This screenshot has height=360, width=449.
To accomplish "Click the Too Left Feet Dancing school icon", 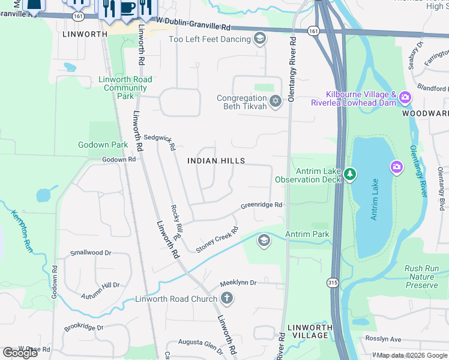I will (260, 40).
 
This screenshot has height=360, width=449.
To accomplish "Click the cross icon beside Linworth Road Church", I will (226, 298).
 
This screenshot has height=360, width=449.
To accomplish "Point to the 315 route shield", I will (331, 281).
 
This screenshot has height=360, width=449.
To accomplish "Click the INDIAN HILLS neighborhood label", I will (216, 161).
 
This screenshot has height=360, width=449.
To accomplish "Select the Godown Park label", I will (103, 145).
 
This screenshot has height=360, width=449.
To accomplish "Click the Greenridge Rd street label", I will (261, 205).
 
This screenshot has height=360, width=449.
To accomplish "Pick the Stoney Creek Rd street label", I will (217, 239).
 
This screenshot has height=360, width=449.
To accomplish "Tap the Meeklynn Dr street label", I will (238, 282).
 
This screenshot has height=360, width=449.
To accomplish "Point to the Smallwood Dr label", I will (91, 253).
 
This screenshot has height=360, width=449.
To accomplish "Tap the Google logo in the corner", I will (20, 353).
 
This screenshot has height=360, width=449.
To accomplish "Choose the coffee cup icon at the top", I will (127, 8).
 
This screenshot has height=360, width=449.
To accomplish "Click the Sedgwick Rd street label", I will (159, 142).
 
